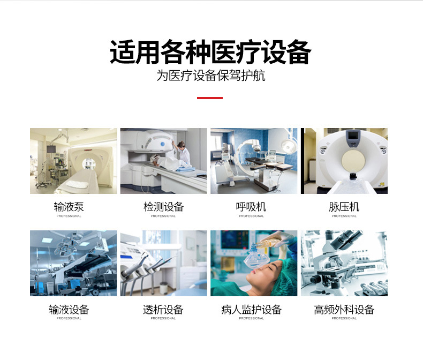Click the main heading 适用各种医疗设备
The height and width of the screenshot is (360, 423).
(210, 52)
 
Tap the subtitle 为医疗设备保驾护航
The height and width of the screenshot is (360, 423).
(211, 76)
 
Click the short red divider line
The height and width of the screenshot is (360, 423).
(210, 98)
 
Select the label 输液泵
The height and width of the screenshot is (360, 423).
(69, 207)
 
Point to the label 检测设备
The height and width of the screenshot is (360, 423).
(163, 207)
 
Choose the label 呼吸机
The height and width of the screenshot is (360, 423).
(251, 207)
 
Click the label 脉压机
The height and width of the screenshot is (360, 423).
(344, 207)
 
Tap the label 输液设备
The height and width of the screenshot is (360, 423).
(69, 310)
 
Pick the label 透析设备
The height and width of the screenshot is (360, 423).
(163, 310)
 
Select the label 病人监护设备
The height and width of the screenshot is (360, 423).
(251, 310)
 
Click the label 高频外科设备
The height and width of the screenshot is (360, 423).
(344, 310)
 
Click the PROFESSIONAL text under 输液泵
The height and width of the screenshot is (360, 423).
(69, 216)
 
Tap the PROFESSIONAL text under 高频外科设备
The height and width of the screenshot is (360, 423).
(344, 318)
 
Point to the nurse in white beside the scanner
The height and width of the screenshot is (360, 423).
(183, 154)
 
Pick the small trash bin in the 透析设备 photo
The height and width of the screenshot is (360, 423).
(164, 288)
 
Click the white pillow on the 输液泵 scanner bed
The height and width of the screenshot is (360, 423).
(77, 185)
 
